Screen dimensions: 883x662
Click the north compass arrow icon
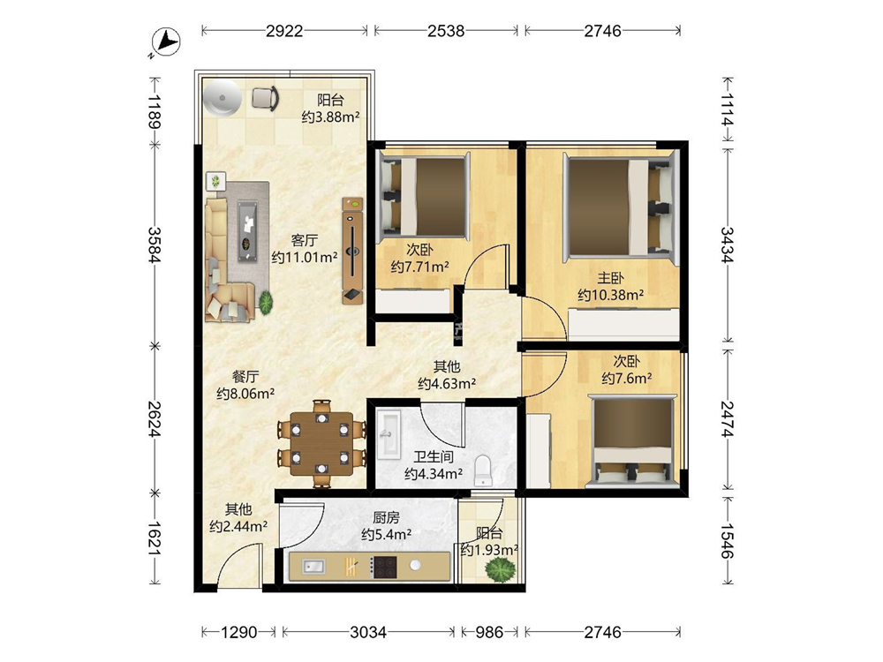pyautogui.click(x=166, y=42)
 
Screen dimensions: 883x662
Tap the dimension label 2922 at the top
pyautogui.click(x=284, y=30)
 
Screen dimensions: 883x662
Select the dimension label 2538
pyautogui.click(x=445, y=30)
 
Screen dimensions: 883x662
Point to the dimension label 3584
pyautogui.click(x=155, y=244)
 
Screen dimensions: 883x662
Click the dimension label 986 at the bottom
pyautogui.click(x=489, y=632)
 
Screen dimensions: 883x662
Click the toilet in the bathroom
pyautogui.click(x=483, y=470)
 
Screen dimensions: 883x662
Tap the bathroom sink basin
pyautogui.click(x=389, y=433)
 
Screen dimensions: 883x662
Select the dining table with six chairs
pyautogui.click(x=321, y=443)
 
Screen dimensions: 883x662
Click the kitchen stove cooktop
pyautogui.click(x=385, y=567)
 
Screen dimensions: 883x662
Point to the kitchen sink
pyautogui.click(x=313, y=567)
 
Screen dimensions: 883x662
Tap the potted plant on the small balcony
pyautogui.click(x=500, y=569)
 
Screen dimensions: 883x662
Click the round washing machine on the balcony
pyautogui.click(x=223, y=98)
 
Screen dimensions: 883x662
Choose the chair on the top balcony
pyautogui.click(x=265, y=98)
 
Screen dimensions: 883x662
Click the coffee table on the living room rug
pyautogui.click(x=247, y=230)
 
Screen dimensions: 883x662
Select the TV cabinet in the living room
pyautogui.click(x=352, y=251)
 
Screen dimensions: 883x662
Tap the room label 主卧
pyautogui.click(x=610, y=278)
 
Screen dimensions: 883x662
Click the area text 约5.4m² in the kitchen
pyautogui.click(x=386, y=534)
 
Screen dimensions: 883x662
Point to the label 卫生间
pyautogui.click(x=434, y=456)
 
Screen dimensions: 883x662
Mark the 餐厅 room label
pyautogui.click(x=245, y=377)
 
